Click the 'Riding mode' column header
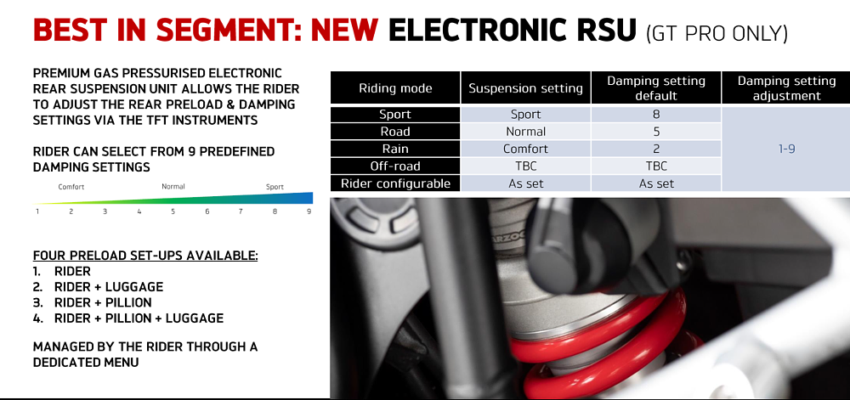click(x=395, y=88)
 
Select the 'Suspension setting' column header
click(x=526, y=88)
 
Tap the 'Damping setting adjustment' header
click(x=785, y=88)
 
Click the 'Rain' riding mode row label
click(x=395, y=149)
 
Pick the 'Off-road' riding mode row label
click(x=395, y=166)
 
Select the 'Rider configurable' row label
click(x=395, y=183)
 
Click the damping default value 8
click(x=656, y=115)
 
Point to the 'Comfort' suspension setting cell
click(x=526, y=149)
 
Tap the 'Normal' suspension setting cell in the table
click(x=526, y=132)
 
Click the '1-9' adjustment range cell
click(x=785, y=149)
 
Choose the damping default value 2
click(x=656, y=149)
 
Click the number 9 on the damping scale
click(x=309, y=211)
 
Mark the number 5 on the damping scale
click(x=173, y=211)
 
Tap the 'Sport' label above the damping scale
click(x=275, y=187)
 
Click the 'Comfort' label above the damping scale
click(x=71, y=187)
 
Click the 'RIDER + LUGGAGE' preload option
click(x=108, y=287)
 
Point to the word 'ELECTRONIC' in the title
click(x=512, y=31)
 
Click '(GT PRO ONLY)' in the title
click(x=717, y=34)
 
